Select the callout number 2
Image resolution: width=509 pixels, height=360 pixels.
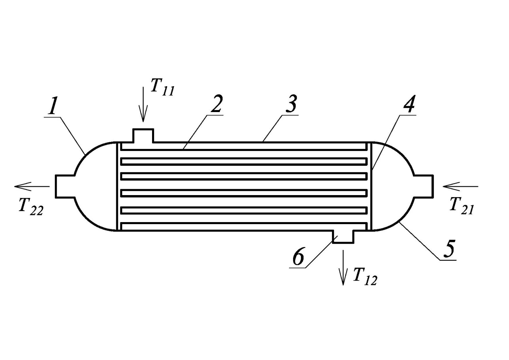pyautogui.click(x=216, y=103)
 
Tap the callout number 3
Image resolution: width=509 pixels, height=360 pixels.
pyautogui.click(x=291, y=104)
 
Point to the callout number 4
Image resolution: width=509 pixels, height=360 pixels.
pyautogui.click(x=409, y=104)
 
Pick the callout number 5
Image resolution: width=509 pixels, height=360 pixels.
pyautogui.click(x=449, y=249)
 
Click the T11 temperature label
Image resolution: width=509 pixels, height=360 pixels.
pyautogui.click(x=162, y=87)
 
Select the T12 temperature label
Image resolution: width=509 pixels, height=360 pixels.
pyautogui.click(x=365, y=277)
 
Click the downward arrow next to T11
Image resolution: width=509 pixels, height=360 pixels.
pyautogui.click(x=143, y=105)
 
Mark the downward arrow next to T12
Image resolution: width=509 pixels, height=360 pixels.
pyautogui.click(x=343, y=268)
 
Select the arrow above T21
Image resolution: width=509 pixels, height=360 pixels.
pyautogui.click(x=461, y=186)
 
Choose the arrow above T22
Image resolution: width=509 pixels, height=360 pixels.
pyautogui.click(x=32, y=186)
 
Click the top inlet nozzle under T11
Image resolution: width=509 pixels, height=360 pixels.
pyautogui.click(x=143, y=135)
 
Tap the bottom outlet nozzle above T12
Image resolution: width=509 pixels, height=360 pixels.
pyautogui.click(x=343, y=237)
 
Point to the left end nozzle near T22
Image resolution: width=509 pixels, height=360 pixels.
pyautogui.click(x=65, y=186)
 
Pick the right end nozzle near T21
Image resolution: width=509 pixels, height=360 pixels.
pyautogui.click(x=423, y=186)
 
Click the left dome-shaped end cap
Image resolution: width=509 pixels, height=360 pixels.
pyautogui.click(x=85, y=155)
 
